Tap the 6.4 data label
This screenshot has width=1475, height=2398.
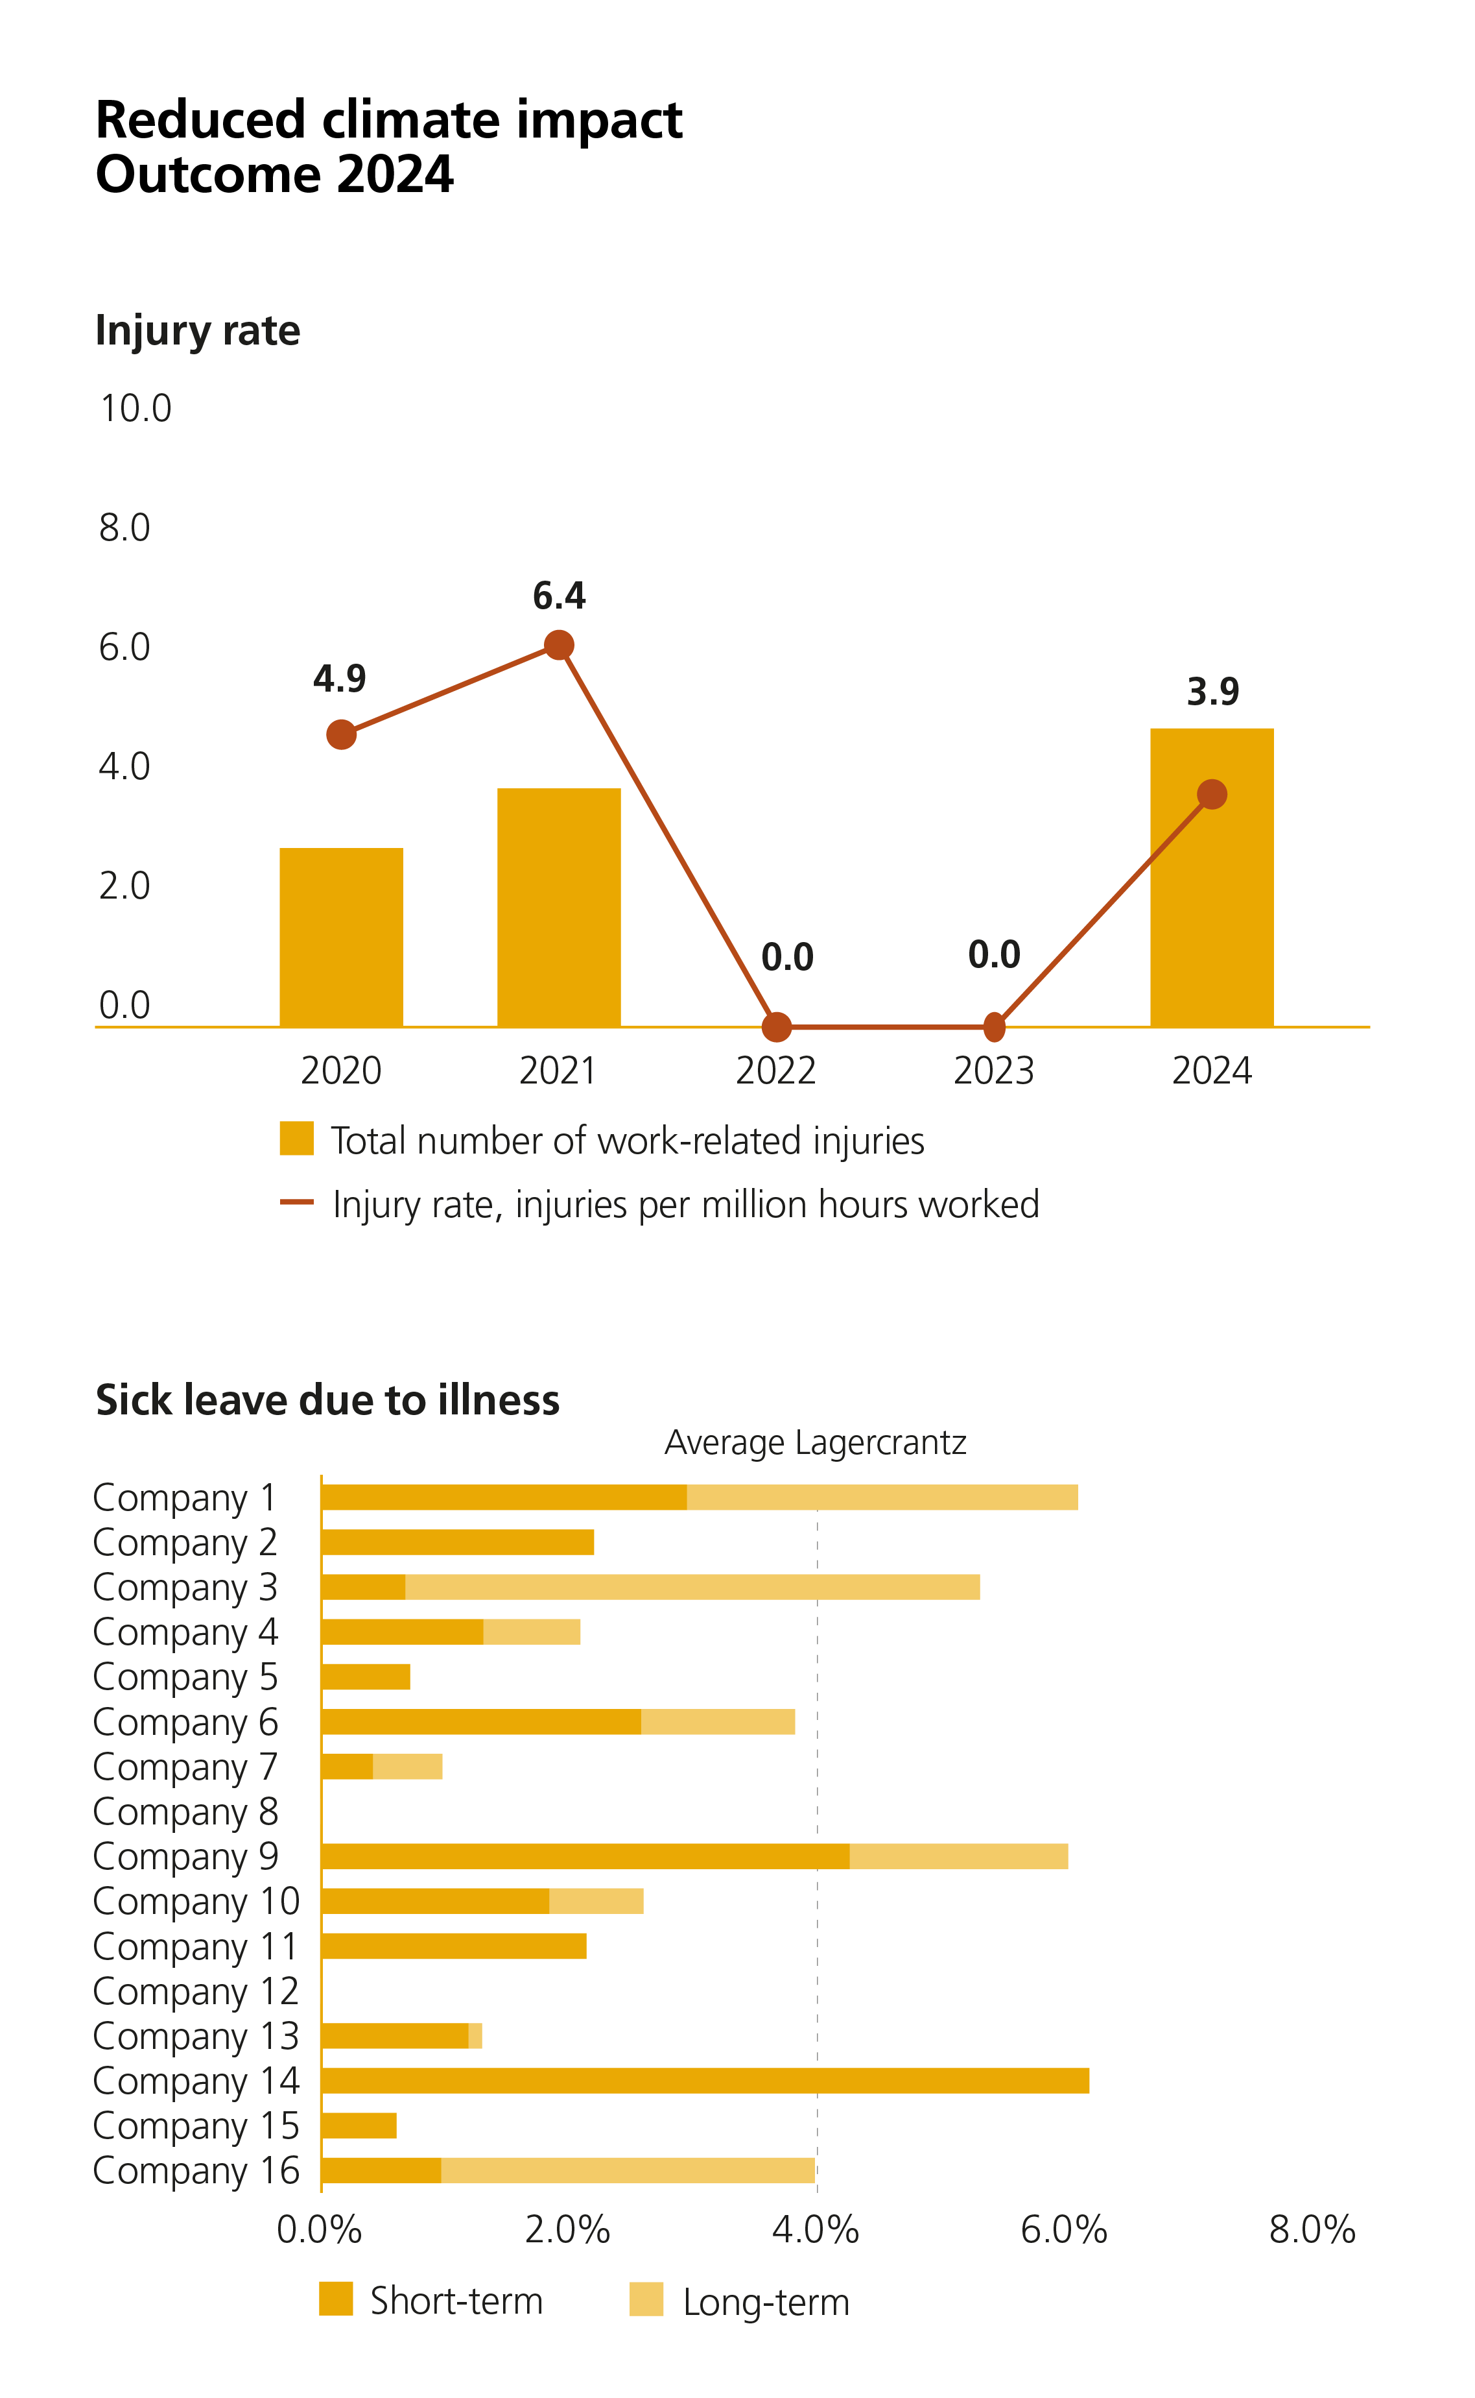(x=559, y=596)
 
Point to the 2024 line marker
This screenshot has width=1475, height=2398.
(x=1212, y=794)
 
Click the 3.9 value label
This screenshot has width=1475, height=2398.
(x=1212, y=692)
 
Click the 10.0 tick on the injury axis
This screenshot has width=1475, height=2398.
(x=135, y=408)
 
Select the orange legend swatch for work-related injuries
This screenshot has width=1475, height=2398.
(x=296, y=1139)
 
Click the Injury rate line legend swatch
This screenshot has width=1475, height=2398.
(x=296, y=1202)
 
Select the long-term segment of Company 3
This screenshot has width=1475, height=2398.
(x=692, y=1587)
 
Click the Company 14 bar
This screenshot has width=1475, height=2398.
(x=704, y=2081)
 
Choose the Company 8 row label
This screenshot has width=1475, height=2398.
(x=185, y=1811)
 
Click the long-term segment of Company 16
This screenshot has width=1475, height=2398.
(x=627, y=2171)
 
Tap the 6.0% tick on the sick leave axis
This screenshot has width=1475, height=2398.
(x=1063, y=2230)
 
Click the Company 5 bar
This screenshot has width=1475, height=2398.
(x=365, y=1677)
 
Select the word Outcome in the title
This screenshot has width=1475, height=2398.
(x=206, y=176)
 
